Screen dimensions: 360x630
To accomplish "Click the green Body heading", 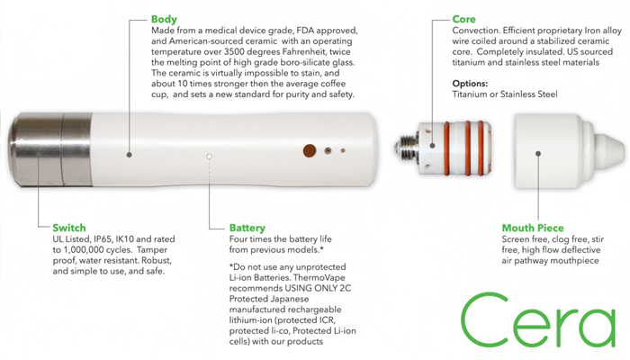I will (165, 17).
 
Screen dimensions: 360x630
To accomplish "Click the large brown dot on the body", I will (310, 150).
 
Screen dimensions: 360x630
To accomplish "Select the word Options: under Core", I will (472, 82).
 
